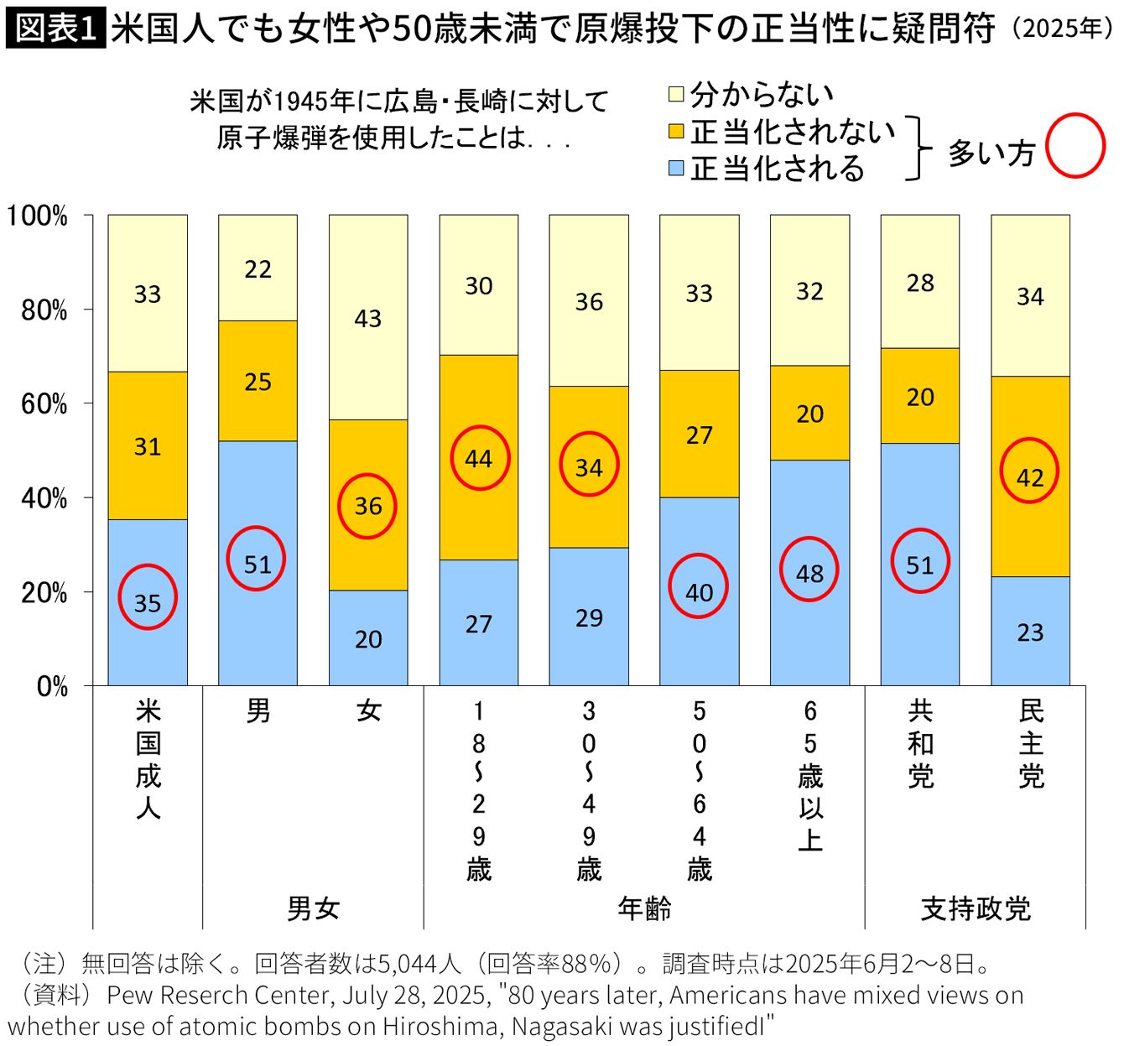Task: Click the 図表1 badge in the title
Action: coord(55,29)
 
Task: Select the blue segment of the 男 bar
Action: coord(258,621)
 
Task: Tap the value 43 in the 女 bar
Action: coord(368,319)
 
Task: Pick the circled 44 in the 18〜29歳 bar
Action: coord(479,459)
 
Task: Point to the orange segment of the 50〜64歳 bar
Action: coord(700,435)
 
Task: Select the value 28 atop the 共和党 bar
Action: coord(920,284)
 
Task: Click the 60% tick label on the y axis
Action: coord(44,404)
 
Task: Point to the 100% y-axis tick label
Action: coord(38,216)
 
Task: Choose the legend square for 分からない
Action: coord(676,94)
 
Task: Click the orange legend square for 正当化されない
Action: coord(676,132)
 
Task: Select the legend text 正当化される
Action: coord(777,169)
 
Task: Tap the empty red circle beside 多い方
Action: coord(1076,147)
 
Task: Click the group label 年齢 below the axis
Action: coord(644,908)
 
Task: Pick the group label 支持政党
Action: coord(976,908)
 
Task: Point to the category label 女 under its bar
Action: coord(368,711)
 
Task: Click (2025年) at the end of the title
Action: coord(1062,29)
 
